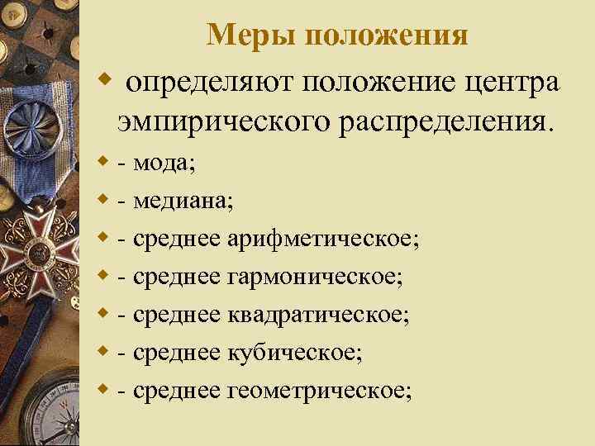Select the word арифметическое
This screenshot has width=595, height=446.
tap(321, 239)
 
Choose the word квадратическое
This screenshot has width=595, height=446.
tap(318, 314)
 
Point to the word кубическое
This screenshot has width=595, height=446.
tap(293, 352)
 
